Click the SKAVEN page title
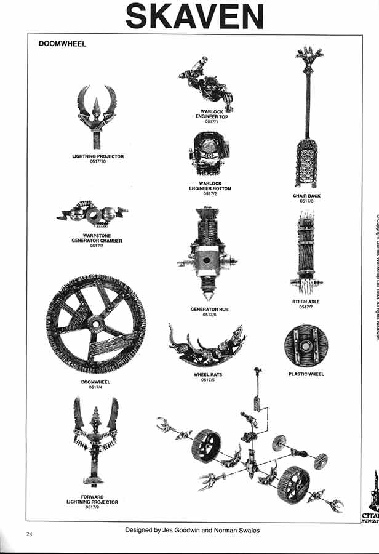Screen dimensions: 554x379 (194, 16)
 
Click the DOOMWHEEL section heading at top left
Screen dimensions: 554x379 (62, 44)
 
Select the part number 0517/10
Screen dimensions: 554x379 (98, 162)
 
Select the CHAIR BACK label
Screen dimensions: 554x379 (306, 196)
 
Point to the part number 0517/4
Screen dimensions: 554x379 (95, 387)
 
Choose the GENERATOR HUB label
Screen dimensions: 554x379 (209, 309)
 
